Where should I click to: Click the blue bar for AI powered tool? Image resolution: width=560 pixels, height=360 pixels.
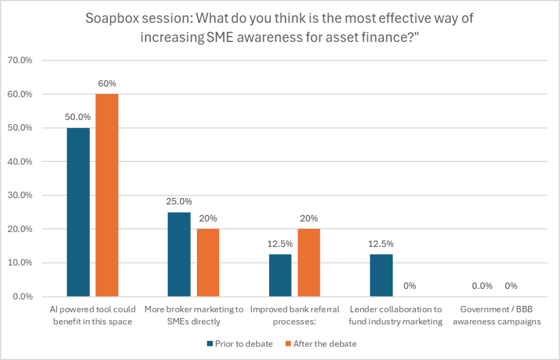(78, 212)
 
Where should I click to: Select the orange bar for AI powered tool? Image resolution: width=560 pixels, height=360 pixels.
(107, 195)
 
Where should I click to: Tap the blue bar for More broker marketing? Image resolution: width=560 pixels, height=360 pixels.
(179, 254)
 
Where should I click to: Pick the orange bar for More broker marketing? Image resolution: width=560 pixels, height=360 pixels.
(208, 263)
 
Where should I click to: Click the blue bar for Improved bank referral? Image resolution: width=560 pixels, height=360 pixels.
(280, 275)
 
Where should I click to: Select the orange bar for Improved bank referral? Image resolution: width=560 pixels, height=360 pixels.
(309, 263)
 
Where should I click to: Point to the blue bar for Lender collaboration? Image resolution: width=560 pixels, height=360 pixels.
(381, 275)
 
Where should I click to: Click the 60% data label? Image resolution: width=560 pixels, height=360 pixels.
(107, 84)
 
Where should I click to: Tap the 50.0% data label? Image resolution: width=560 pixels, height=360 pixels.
(78, 118)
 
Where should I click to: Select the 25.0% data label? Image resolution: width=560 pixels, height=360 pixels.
(179, 202)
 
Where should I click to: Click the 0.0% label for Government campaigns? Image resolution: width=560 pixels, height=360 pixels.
(482, 286)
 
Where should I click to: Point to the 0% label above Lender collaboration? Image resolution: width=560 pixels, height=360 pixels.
(410, 286)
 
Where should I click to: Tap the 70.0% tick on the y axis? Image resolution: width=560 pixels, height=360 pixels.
(22, 61)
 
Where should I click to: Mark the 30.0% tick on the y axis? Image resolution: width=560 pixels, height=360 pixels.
(22, 195)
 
